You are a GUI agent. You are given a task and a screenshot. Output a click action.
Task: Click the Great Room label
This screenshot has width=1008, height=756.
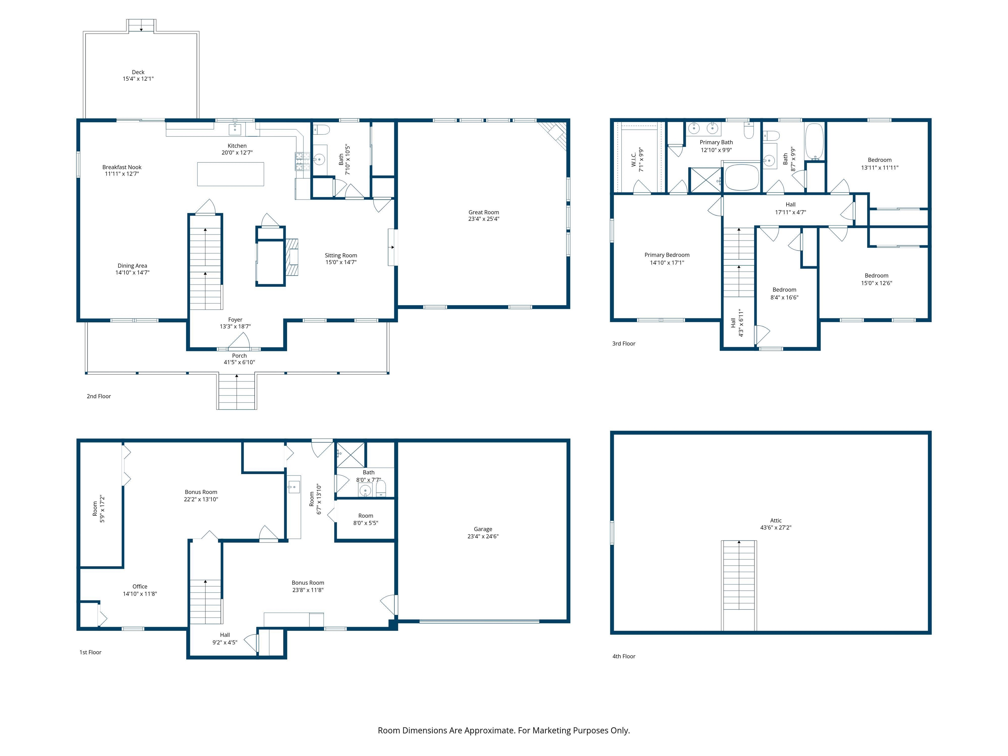coord(484,212)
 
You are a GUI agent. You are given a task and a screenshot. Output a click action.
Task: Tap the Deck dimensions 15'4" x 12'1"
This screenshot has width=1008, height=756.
coord(138,79)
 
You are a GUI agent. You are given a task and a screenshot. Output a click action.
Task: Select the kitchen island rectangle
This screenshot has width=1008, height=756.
coord(230,174)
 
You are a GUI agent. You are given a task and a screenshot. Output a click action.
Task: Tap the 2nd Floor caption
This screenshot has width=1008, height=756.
coord(98,396)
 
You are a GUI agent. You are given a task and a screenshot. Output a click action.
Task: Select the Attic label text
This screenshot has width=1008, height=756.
coord(776,520)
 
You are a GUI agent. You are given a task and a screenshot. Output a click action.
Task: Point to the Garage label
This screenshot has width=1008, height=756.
coord(483,529)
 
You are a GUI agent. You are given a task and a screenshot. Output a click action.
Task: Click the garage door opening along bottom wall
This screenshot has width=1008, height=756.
coord(479,621)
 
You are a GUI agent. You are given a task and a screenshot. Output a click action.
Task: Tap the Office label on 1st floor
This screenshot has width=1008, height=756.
coord(140,586)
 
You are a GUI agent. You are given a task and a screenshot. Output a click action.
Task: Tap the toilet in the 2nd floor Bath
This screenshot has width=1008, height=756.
coord(322,130)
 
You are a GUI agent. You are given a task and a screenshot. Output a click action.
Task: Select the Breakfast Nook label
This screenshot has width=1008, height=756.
coord(122,167)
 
